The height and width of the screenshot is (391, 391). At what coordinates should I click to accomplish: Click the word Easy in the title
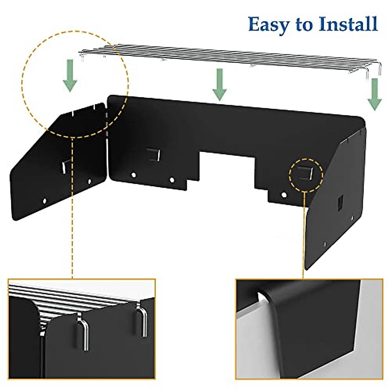click(268, 25)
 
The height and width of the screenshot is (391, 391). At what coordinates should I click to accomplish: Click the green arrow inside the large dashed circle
click(70, 79)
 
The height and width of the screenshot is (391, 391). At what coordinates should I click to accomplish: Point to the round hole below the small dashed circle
click(284, 195)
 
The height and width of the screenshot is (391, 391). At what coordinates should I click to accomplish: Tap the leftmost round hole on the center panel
click(133, 175)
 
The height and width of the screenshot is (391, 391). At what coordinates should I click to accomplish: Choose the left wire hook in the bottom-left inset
click(83, 332)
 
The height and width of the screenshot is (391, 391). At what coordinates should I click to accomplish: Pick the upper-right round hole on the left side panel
click(89, 180)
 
